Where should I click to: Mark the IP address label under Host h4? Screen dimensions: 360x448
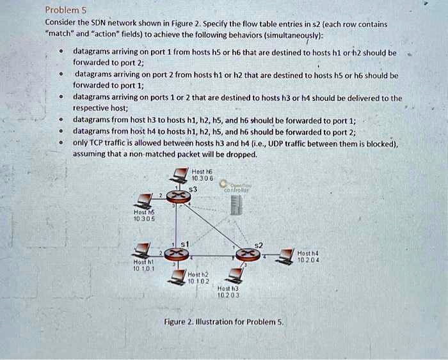click(x=308, y=260)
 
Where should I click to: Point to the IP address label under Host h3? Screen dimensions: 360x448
click(x=228, y=295)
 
